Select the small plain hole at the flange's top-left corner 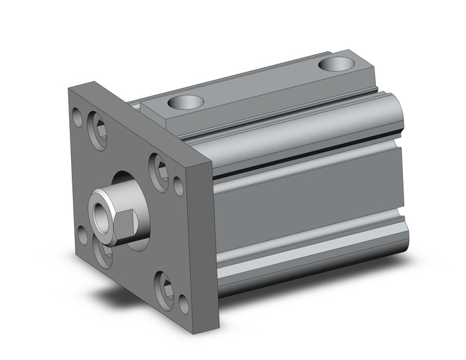[77, 115]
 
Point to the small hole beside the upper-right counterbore [178, 185]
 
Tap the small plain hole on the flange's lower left [82, 234]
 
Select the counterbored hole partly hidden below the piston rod [104, 252]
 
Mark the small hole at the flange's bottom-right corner [183, 303]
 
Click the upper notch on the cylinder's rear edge [400, 145]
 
